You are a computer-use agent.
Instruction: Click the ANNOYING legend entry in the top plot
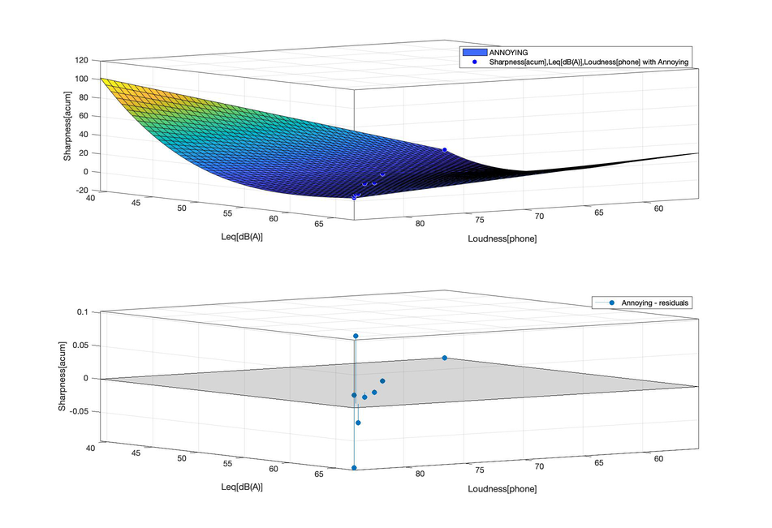514,52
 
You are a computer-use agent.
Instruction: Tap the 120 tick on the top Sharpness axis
81,61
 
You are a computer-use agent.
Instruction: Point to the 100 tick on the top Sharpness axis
81,79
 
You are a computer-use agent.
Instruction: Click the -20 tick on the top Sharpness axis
81,191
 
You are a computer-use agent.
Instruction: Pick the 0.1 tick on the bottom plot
82,312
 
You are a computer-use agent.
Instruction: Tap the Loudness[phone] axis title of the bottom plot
502,489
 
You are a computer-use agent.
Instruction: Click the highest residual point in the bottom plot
356,336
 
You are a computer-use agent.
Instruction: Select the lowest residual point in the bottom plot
354,468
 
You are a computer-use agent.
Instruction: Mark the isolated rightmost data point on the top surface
445,150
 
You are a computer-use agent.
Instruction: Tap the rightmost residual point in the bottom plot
445,358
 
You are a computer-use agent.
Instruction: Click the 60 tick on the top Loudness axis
658,209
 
